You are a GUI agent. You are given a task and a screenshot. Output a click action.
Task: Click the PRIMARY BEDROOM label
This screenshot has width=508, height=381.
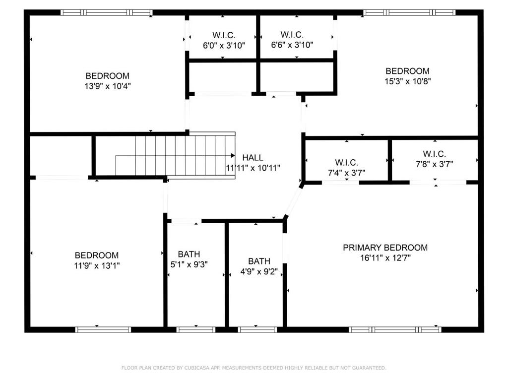point(385,248)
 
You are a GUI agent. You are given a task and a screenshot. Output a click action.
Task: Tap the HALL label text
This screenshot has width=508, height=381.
point(253,158)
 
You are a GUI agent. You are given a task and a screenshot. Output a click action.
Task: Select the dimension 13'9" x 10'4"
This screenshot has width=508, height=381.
point(108,86)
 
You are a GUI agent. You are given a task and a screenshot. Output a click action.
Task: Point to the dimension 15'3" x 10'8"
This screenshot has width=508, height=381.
point(408,81)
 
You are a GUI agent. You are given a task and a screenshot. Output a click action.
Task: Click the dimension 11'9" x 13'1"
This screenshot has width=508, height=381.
point(97,266)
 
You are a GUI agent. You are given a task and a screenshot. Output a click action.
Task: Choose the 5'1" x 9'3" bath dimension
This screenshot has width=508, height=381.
point(189,264)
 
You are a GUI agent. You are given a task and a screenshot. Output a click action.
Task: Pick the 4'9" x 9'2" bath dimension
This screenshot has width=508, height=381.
point(259,271)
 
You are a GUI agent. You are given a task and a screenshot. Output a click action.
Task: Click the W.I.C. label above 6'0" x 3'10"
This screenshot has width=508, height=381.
point(224,35)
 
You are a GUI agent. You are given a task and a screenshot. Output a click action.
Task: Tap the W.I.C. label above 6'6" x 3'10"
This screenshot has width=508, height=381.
point(292,34)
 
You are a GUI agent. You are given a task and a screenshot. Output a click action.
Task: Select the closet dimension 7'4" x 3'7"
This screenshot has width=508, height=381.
point(347,173)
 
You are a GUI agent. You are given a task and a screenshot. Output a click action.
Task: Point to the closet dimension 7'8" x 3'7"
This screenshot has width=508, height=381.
point(435,164)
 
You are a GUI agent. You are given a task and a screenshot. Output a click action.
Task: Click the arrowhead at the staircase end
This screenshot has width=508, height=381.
point(233,155)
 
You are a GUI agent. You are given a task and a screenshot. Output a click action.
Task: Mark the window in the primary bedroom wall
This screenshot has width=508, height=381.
point(395,330)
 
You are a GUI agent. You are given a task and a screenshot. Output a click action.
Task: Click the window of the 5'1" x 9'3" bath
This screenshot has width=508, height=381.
point(195,330)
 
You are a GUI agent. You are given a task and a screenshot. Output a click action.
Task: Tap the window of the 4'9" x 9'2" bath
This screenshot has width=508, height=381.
point(257,330)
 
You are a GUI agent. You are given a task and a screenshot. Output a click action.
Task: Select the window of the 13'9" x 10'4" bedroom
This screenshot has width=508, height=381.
point(107,12)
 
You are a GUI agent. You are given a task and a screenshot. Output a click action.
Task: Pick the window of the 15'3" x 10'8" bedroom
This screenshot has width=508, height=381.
point(409,12)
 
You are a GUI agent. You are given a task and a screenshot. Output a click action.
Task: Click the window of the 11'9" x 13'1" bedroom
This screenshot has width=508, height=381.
point(103,330)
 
